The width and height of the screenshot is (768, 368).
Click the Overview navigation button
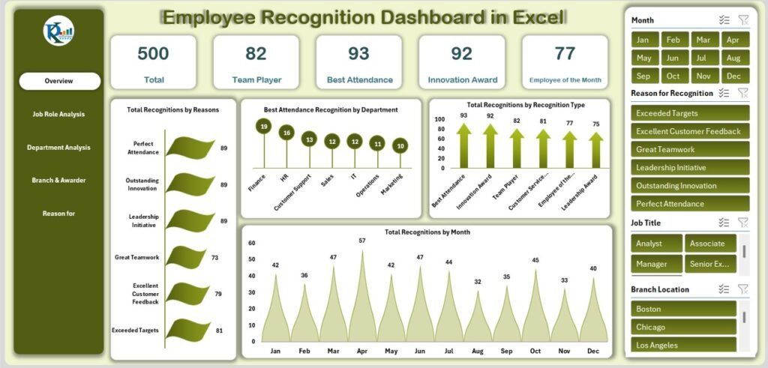(59, 81)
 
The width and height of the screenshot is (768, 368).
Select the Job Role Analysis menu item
(58, 114)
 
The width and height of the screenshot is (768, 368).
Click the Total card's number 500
(153, 53)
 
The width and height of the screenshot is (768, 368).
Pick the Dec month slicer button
(733, 76)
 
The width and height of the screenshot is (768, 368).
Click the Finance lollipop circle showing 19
(264, 127)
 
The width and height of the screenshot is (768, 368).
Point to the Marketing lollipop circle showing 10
(401, 146)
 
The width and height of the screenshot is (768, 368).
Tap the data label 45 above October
(535, 260)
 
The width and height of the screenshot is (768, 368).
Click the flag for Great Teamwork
(185, 256)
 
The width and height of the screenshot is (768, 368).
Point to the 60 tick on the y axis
(252, 243)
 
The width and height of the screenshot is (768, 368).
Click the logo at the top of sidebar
(58, 31)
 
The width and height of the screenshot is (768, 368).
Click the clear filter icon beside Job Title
(742, 222)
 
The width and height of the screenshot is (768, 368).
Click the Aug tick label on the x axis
(478, 350)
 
